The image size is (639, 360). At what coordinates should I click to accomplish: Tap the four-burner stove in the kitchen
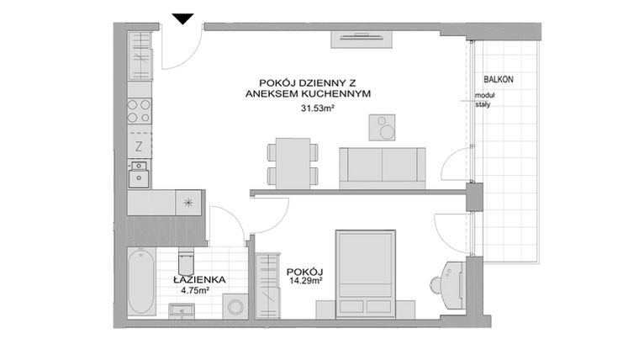tap(139, 111)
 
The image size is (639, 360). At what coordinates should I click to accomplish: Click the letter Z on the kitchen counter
tap(139, 146)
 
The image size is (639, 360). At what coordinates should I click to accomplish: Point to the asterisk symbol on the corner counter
tap(188, 202)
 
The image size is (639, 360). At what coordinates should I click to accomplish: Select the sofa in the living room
tap(383, 166)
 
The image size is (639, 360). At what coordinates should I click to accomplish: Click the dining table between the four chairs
tap(293, 163)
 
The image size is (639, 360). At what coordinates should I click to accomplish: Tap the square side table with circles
tap(383, 128)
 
